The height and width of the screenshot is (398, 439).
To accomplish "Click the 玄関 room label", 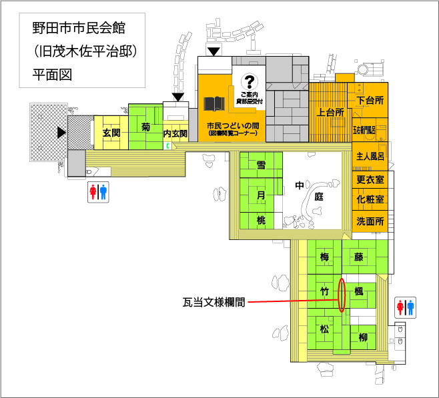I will tap(111, 133).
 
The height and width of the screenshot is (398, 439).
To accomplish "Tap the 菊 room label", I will tap(145, 127).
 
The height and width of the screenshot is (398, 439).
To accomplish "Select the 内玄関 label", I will tap(175, 133).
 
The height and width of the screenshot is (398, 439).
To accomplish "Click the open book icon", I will tap(214, 105).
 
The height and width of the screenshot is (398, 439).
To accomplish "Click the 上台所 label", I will tap(331, 113).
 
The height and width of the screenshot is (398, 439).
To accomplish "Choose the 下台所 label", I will tap(370, 101).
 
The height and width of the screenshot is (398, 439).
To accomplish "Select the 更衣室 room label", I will tap(370, 180).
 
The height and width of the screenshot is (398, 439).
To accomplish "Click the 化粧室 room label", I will tap(370, 199).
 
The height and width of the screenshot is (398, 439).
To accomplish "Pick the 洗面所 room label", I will tap(370, 221).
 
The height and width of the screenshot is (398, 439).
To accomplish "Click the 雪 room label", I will tap(261, 162).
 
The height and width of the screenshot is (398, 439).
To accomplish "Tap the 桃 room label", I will tap(261, 219).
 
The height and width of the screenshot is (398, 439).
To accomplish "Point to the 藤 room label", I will tap(360, 257).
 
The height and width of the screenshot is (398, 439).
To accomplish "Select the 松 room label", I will tap(324, 329).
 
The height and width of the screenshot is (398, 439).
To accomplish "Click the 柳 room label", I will tap(363, 337).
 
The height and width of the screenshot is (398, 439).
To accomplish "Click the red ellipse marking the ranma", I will tap(342, 295).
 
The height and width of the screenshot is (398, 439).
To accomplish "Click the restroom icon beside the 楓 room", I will tap(406, 307).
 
